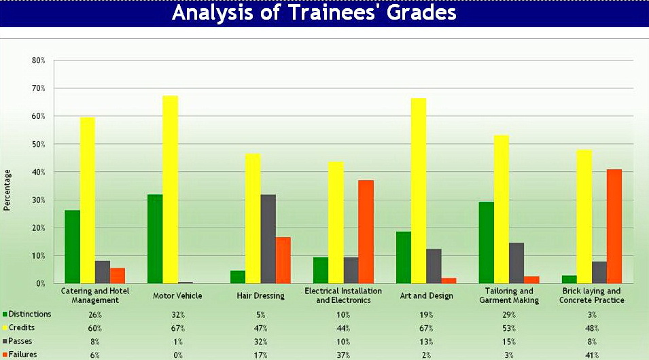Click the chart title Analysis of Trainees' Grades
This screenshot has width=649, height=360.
(x=314, y=13)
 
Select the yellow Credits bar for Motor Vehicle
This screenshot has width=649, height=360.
(x=170, y=190)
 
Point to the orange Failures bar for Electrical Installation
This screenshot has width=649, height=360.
(x=366, y=232)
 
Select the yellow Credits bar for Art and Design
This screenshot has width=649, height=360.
(x=419, y=190)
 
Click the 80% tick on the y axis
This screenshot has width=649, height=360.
(x=39, y=60)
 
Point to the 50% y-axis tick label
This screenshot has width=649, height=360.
(x=39, y=144)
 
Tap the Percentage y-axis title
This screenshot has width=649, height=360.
(x=7, y=190)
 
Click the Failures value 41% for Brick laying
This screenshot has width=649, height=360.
(x=591, y=355)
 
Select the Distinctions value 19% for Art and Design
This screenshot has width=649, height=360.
(x=426, y=314)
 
